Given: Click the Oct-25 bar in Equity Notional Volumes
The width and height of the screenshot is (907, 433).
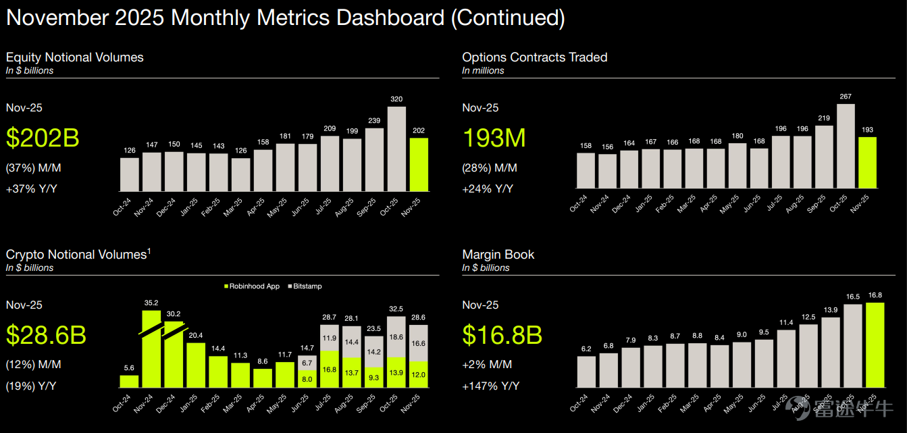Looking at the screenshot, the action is click(396, 149).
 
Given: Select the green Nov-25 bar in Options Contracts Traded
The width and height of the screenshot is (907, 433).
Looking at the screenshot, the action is click(867, 162).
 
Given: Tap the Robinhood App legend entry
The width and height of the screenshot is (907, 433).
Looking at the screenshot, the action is click(252, 286).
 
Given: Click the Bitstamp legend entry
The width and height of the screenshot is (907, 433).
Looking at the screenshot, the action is click(305, 286).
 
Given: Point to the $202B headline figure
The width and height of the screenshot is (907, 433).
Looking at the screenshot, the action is click(43, 138).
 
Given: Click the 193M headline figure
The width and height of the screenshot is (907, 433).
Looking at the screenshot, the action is click(494, 138).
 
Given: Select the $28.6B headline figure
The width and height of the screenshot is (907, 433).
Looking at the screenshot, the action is click(46, 335).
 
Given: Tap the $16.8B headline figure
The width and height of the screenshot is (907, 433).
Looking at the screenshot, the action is click(502, 335).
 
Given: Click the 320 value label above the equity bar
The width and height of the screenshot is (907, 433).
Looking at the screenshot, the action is click(396, 99).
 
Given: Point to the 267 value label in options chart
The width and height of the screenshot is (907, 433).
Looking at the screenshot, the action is click(846, 97).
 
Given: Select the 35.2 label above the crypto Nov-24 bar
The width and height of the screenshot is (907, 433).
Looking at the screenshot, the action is click(151, 303).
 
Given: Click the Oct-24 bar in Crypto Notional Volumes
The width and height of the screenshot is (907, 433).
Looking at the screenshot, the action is click(129, 381).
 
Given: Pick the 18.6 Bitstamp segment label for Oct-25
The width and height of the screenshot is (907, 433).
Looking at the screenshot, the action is click(396, 337).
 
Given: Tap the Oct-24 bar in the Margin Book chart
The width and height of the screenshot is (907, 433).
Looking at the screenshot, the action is click(586, 372).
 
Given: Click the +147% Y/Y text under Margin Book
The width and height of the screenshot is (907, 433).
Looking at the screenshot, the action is click(491, 386).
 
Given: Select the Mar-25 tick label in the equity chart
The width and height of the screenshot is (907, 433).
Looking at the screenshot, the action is click(232, 207).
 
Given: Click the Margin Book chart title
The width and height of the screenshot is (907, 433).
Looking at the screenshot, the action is click(498, 255).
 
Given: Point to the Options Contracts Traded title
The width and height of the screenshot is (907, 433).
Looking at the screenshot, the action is click(534, 57).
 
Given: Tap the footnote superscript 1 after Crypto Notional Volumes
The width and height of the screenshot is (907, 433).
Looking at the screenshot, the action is click(149, 251).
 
